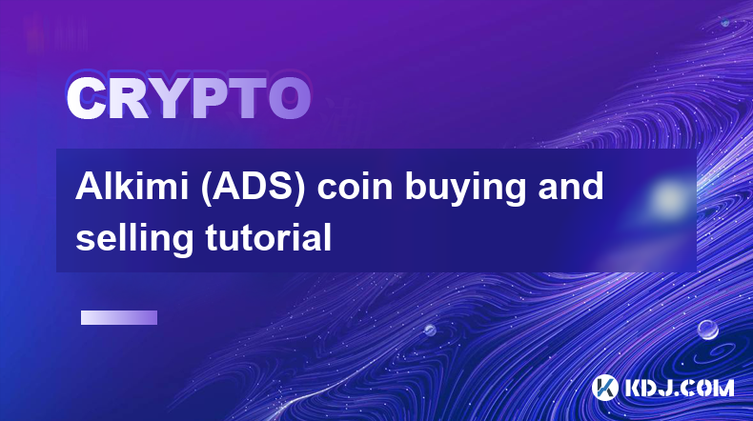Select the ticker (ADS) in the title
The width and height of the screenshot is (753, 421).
(253, 188)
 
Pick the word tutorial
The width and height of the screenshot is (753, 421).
(269, 237)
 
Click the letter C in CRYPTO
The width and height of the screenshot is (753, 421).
(87, 99)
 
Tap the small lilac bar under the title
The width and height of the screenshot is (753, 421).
(119, 318)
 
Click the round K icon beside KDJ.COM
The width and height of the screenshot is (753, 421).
(605, 388)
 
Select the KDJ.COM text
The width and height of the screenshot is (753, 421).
(679, 388)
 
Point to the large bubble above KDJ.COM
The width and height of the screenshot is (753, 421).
(707, 330)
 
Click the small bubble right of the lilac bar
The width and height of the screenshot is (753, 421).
(430, 330)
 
